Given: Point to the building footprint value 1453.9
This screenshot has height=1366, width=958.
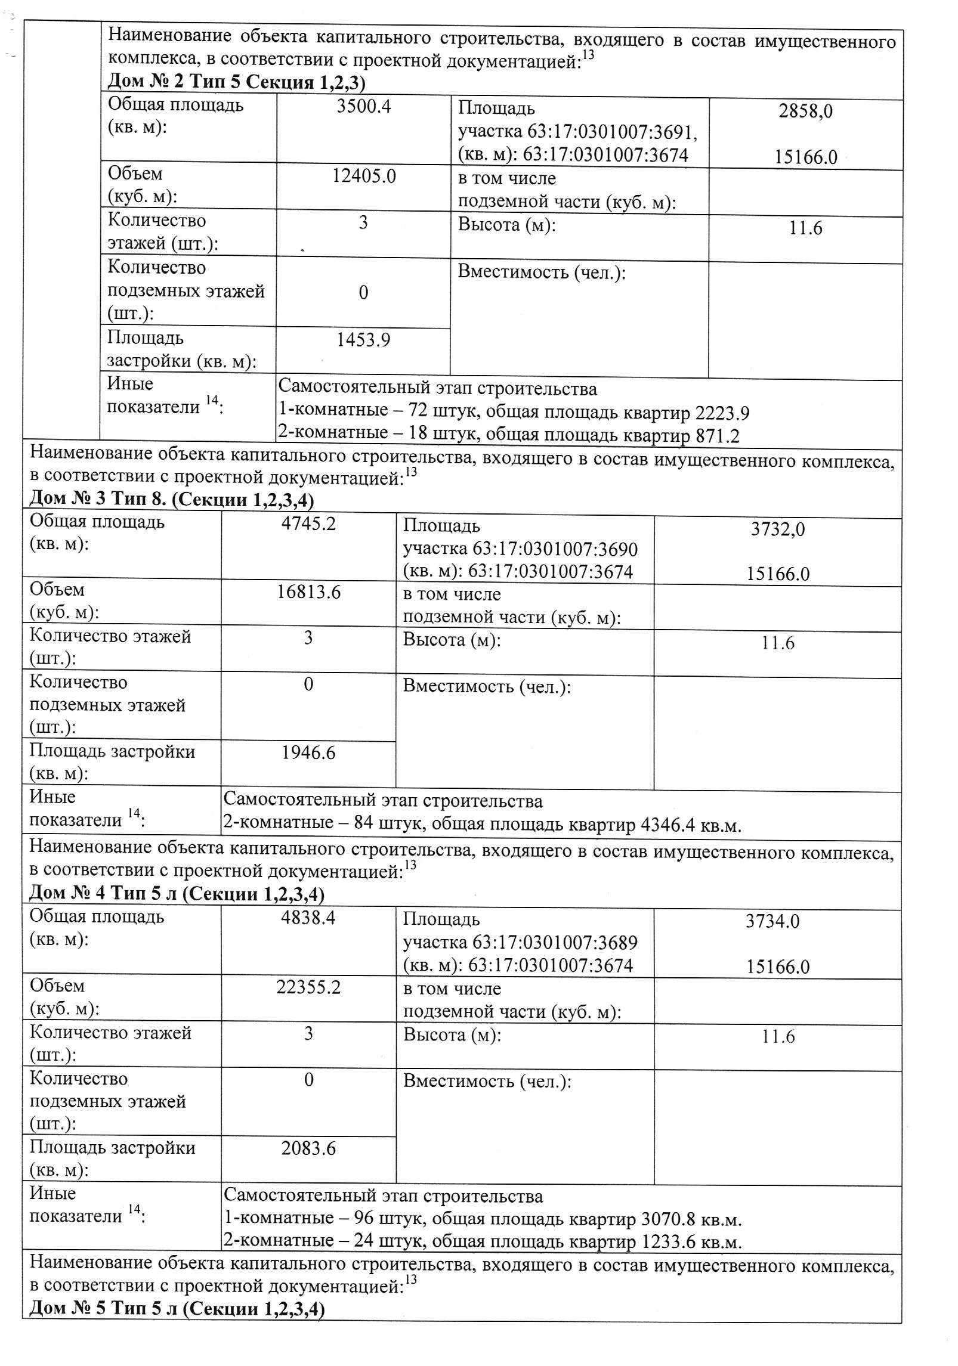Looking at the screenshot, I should pyautogui.click(x=363, y=340).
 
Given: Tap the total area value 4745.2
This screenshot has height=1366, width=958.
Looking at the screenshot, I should pyautogui.click(x=308, y=524).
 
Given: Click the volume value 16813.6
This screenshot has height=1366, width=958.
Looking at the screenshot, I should pyautogui.click(x=308, y=592).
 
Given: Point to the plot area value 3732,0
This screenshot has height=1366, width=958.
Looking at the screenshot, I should pyautogui.click(x=778, y=529).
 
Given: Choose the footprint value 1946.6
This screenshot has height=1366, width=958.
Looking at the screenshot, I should pyautogui.click(x=308, y=753).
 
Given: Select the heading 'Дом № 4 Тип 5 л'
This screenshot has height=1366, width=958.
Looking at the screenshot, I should pyautogui.click(x=102, y=894).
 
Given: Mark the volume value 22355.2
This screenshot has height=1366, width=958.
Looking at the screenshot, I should pyautogui.click(x=308, y=987).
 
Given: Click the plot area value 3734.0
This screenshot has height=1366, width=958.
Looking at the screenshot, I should pyautogui.click(x=772, y=921).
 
